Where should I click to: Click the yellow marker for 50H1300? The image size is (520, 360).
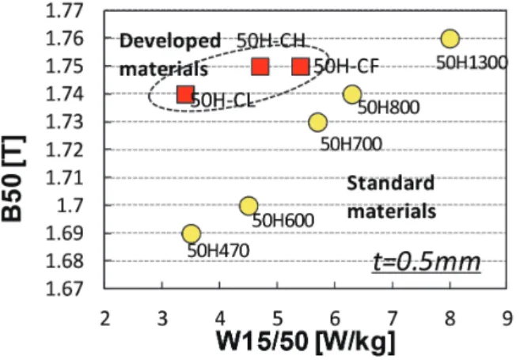click(450, 39)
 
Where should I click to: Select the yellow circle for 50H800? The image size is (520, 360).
click(352, 94)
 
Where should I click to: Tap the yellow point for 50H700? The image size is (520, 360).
click(317, 122)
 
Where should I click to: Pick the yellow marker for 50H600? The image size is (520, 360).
click(249, 206)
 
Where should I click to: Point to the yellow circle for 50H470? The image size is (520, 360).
click(192, 233)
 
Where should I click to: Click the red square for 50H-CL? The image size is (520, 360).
click(185, 94)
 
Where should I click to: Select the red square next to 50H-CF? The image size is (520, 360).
click(301, 66)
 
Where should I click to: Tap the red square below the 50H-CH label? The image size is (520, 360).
click(260, 66)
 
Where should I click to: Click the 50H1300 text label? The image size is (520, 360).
click(472, 63)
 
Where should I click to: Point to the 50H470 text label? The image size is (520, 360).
click(218, 251)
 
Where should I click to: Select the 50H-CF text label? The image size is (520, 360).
click(346, 66)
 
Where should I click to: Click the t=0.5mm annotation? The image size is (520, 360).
click(427, 262)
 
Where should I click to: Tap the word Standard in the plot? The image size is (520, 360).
click(391, 183)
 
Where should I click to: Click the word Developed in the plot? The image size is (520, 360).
click(170, 41)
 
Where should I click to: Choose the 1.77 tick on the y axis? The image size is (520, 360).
click(64, 10)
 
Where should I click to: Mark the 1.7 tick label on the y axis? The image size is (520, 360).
click(70, 206)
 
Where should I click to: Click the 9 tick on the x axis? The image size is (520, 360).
click(507, 319)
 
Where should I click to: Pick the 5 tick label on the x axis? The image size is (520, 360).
click(277, 319)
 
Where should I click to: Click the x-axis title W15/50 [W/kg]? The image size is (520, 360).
click(306, 342)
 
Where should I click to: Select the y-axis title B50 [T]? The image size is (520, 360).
click(13, 179)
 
